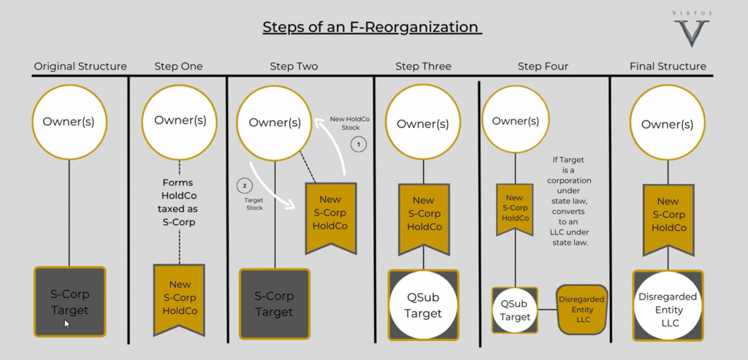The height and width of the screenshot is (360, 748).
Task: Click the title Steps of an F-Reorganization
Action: pyautogui.click(x=372, y=27)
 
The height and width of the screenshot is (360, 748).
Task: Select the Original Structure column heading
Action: pyautogui.click(x=80, y=66)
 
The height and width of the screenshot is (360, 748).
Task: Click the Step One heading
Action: pyautogui.click(x=178, y=66)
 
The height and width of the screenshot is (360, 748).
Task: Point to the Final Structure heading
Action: pyautogui.click(x=668, y=66)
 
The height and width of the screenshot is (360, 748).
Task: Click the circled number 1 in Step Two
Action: pyautogui.click(x=359, y=145)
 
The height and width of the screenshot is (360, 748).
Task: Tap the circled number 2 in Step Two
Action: pyautogui.click(x=244, y=185)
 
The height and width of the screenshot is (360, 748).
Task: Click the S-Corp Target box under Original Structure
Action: pyautogui.click(x=69, y=302)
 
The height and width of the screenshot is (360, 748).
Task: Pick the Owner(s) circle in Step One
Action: pyautogui.click(x=180, y=123)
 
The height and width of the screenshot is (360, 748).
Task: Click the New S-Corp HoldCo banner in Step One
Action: pyautogui.click(x=179, y=299)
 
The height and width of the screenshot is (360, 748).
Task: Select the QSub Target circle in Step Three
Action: pyautogui.click(x=423, y=305)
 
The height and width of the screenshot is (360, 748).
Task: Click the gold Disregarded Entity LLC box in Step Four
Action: pyautogui.click(x=582, y=310)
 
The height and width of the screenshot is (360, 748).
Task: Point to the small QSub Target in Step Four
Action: pyautogui.click(x=515, y=310)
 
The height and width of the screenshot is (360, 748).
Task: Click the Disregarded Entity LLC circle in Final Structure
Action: pyautogui.click(x=668, y=306)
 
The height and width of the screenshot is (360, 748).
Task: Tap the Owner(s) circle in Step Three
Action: pyautogui.click(x=423, y=123)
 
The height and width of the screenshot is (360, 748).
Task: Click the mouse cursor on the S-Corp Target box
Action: pyautogui.click(x=66, y=323)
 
